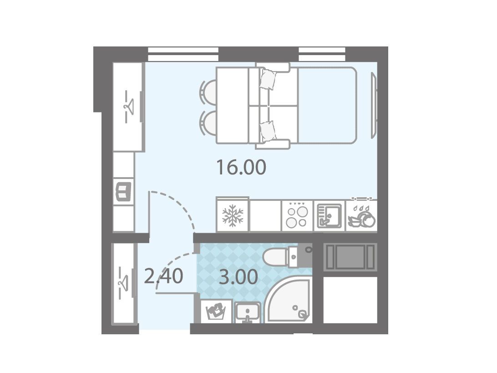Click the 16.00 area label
pos(241,168)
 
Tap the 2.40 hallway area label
pos(163,276)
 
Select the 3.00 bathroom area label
pos(238,277)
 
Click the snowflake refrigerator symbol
pos(233,216)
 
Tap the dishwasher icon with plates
pos(362,216)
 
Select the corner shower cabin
pos(289,300)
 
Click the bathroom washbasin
pos(247,312)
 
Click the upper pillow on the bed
pos(268,79)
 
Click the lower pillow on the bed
pos(268,131)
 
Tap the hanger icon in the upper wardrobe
pos(129,107)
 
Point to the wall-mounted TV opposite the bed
pos(374,105)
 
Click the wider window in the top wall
pos(183,54)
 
